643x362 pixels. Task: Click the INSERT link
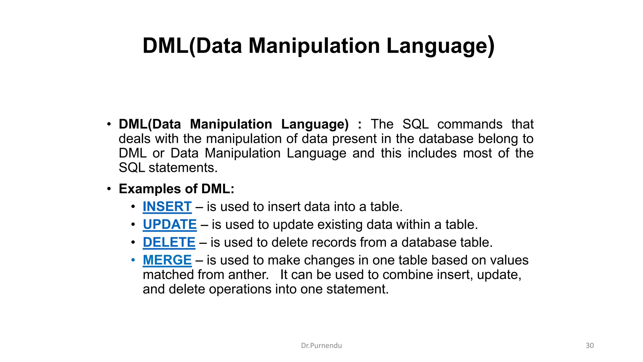pos(167,207)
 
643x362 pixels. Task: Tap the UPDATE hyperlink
pos(170,225)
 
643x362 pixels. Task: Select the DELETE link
pos(169,243)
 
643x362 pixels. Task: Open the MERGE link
pos(167,260)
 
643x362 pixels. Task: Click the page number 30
pos(590,346)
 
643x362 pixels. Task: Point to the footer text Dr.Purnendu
pos(321,346)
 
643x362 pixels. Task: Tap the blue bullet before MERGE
pos(133,260)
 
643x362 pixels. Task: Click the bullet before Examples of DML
pos(109,189)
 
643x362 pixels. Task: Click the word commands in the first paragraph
pos(470,124)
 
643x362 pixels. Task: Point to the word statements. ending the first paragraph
pos(183,168)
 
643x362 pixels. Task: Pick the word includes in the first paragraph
pos(432,153)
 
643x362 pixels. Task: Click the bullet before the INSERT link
pos(133,207)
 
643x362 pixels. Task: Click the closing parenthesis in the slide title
pos(491,47)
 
